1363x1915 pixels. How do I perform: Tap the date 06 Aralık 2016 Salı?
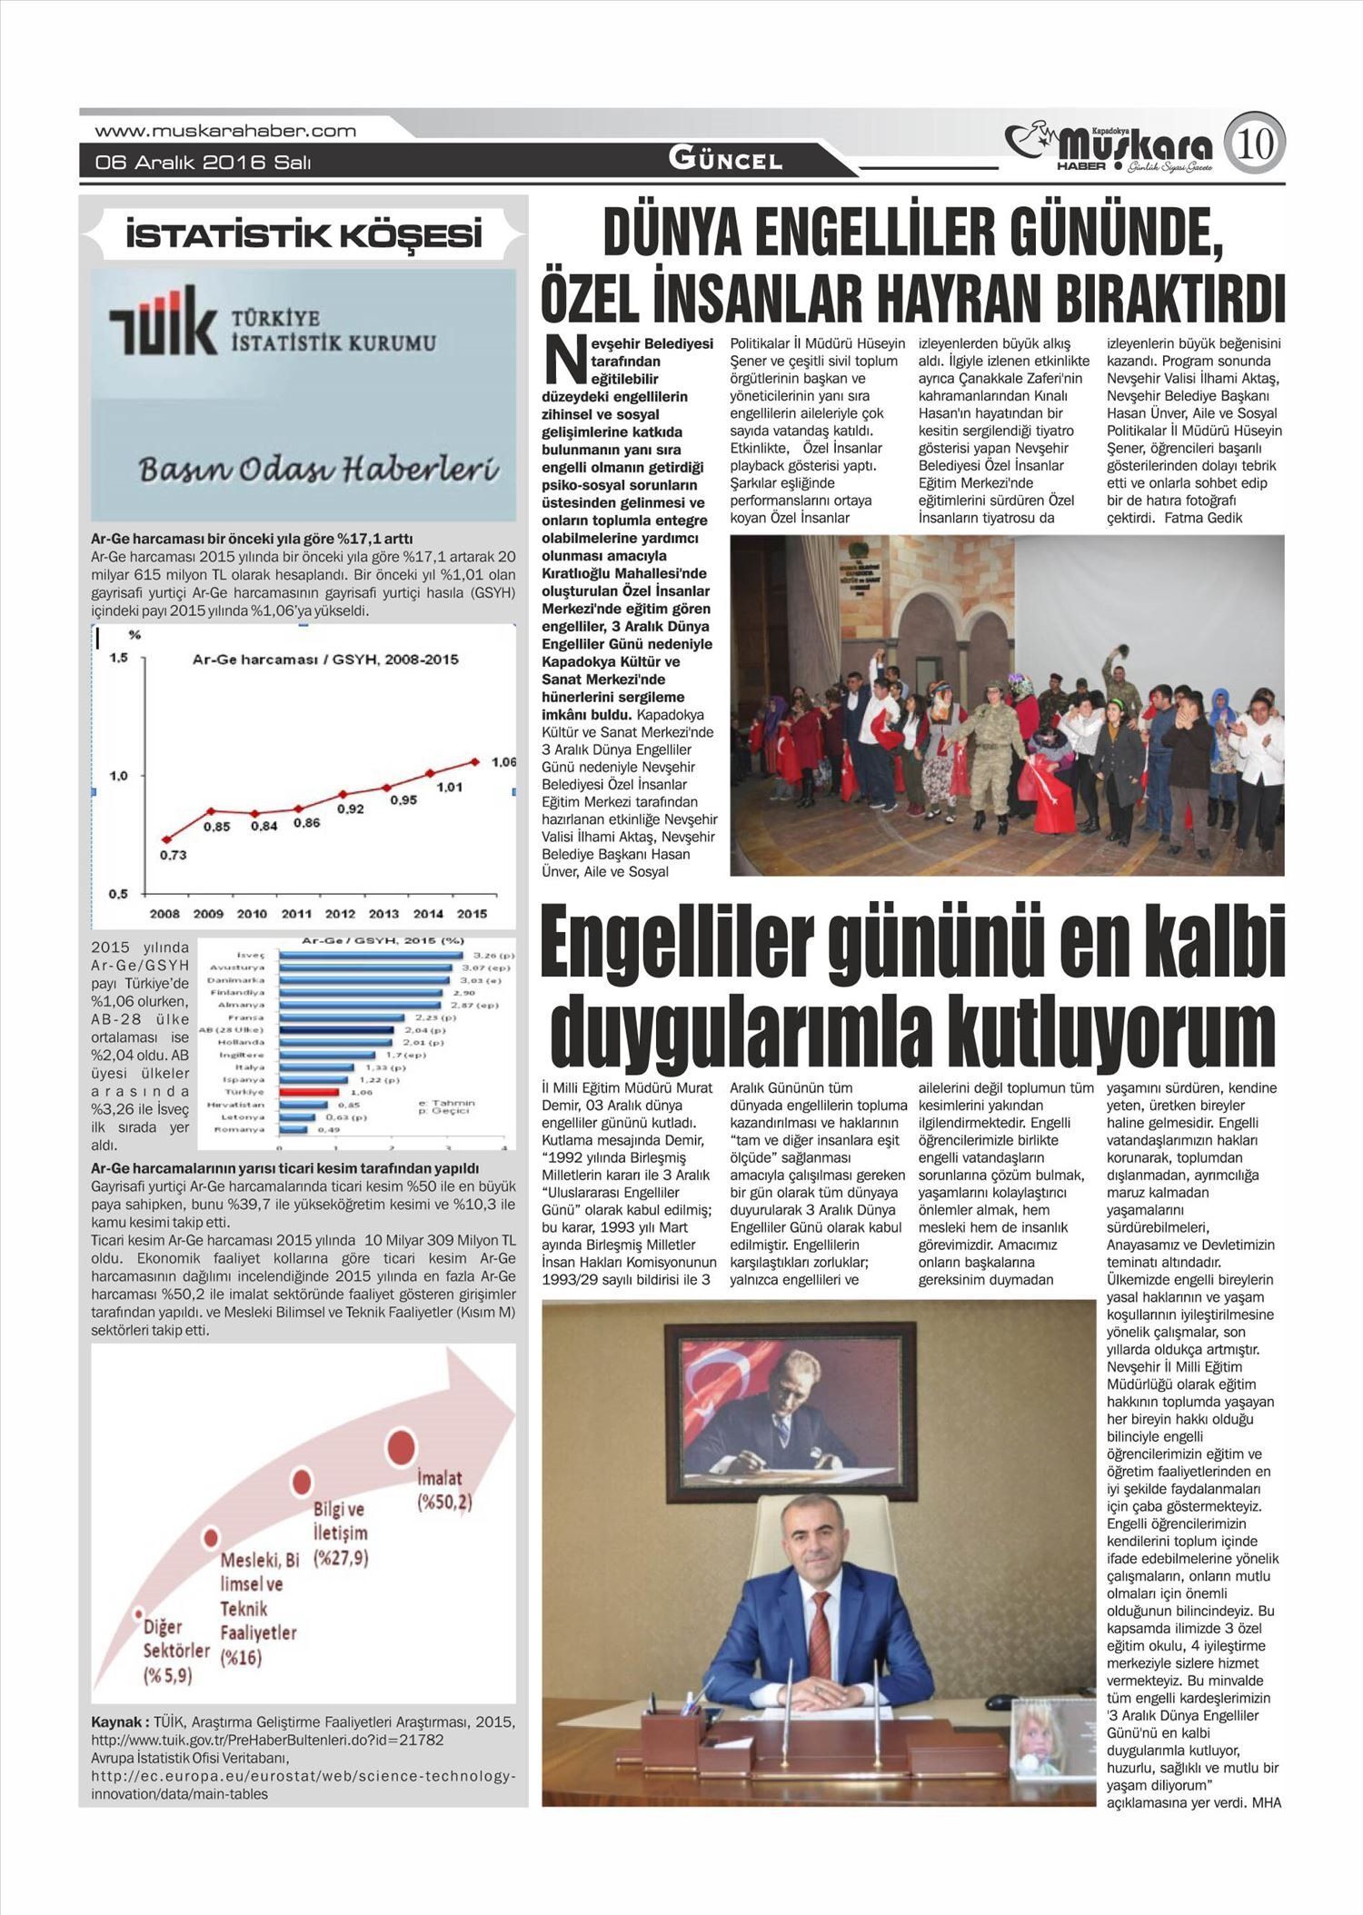coord(204,163)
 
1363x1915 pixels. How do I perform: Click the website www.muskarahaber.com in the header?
coord(225,131)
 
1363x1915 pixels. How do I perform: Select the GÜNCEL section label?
coord(725,161)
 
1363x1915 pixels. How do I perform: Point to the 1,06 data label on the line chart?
coord(503,762)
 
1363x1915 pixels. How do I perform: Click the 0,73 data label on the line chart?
coord(173,855)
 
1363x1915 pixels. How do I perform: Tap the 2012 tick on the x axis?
coord(341,914)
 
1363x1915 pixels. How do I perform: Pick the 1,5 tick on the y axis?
coord(118,657)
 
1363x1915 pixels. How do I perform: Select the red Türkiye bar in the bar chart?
coord(309,1091)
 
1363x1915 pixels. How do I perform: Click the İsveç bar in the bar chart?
coord(373,956)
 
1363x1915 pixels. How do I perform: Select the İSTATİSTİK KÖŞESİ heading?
coord(303,237)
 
